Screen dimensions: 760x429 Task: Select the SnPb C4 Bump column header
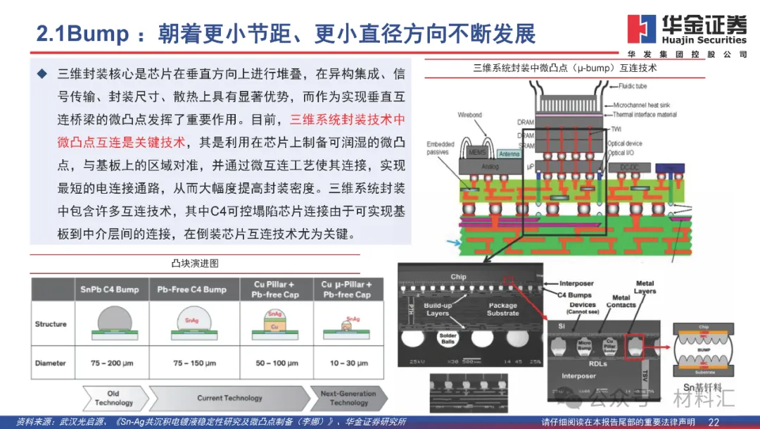click(109, 290)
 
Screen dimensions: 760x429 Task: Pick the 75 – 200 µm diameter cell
click(110, 363)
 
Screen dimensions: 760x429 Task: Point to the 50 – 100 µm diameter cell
click(271, 363)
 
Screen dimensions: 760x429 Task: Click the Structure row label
click(51, 324)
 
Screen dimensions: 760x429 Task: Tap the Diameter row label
click(51, 363)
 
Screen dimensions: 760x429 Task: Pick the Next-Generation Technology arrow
click(348, 398)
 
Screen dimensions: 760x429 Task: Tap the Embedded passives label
click(441, 148)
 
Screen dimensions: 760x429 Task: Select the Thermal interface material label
click(644, 114)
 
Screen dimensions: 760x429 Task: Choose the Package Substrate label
click(502, 309)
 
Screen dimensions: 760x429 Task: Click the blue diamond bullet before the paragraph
click(42, 73)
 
